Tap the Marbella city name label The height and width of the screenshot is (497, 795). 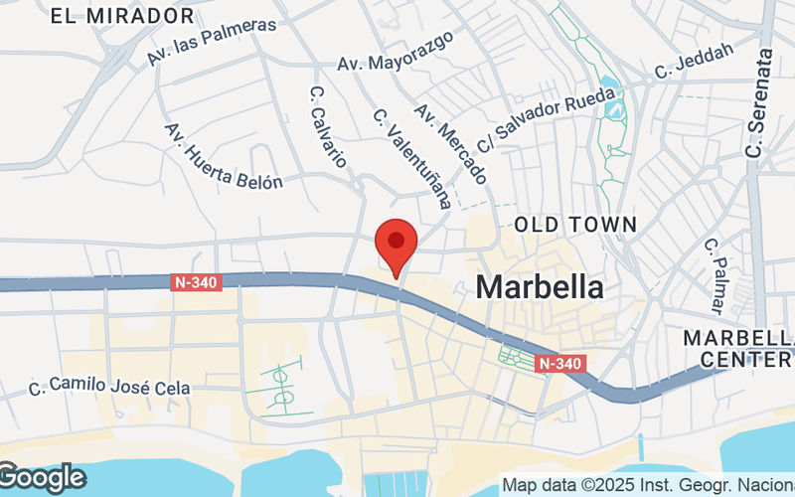coord(540,287)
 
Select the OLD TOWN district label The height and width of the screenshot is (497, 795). coord(575,226)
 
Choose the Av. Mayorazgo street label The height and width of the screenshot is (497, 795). coord(395,52)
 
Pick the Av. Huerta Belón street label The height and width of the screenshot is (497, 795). coord(224,157)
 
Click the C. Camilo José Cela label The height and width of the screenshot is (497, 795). coord(110,387)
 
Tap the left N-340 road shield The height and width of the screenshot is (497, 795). coord(194,282)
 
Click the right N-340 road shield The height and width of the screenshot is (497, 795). coord(560,364)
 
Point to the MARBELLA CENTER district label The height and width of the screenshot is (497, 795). coord(737,348)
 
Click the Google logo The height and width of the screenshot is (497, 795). coord(42,478)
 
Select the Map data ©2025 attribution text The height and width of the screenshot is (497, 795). coord(647,486)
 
